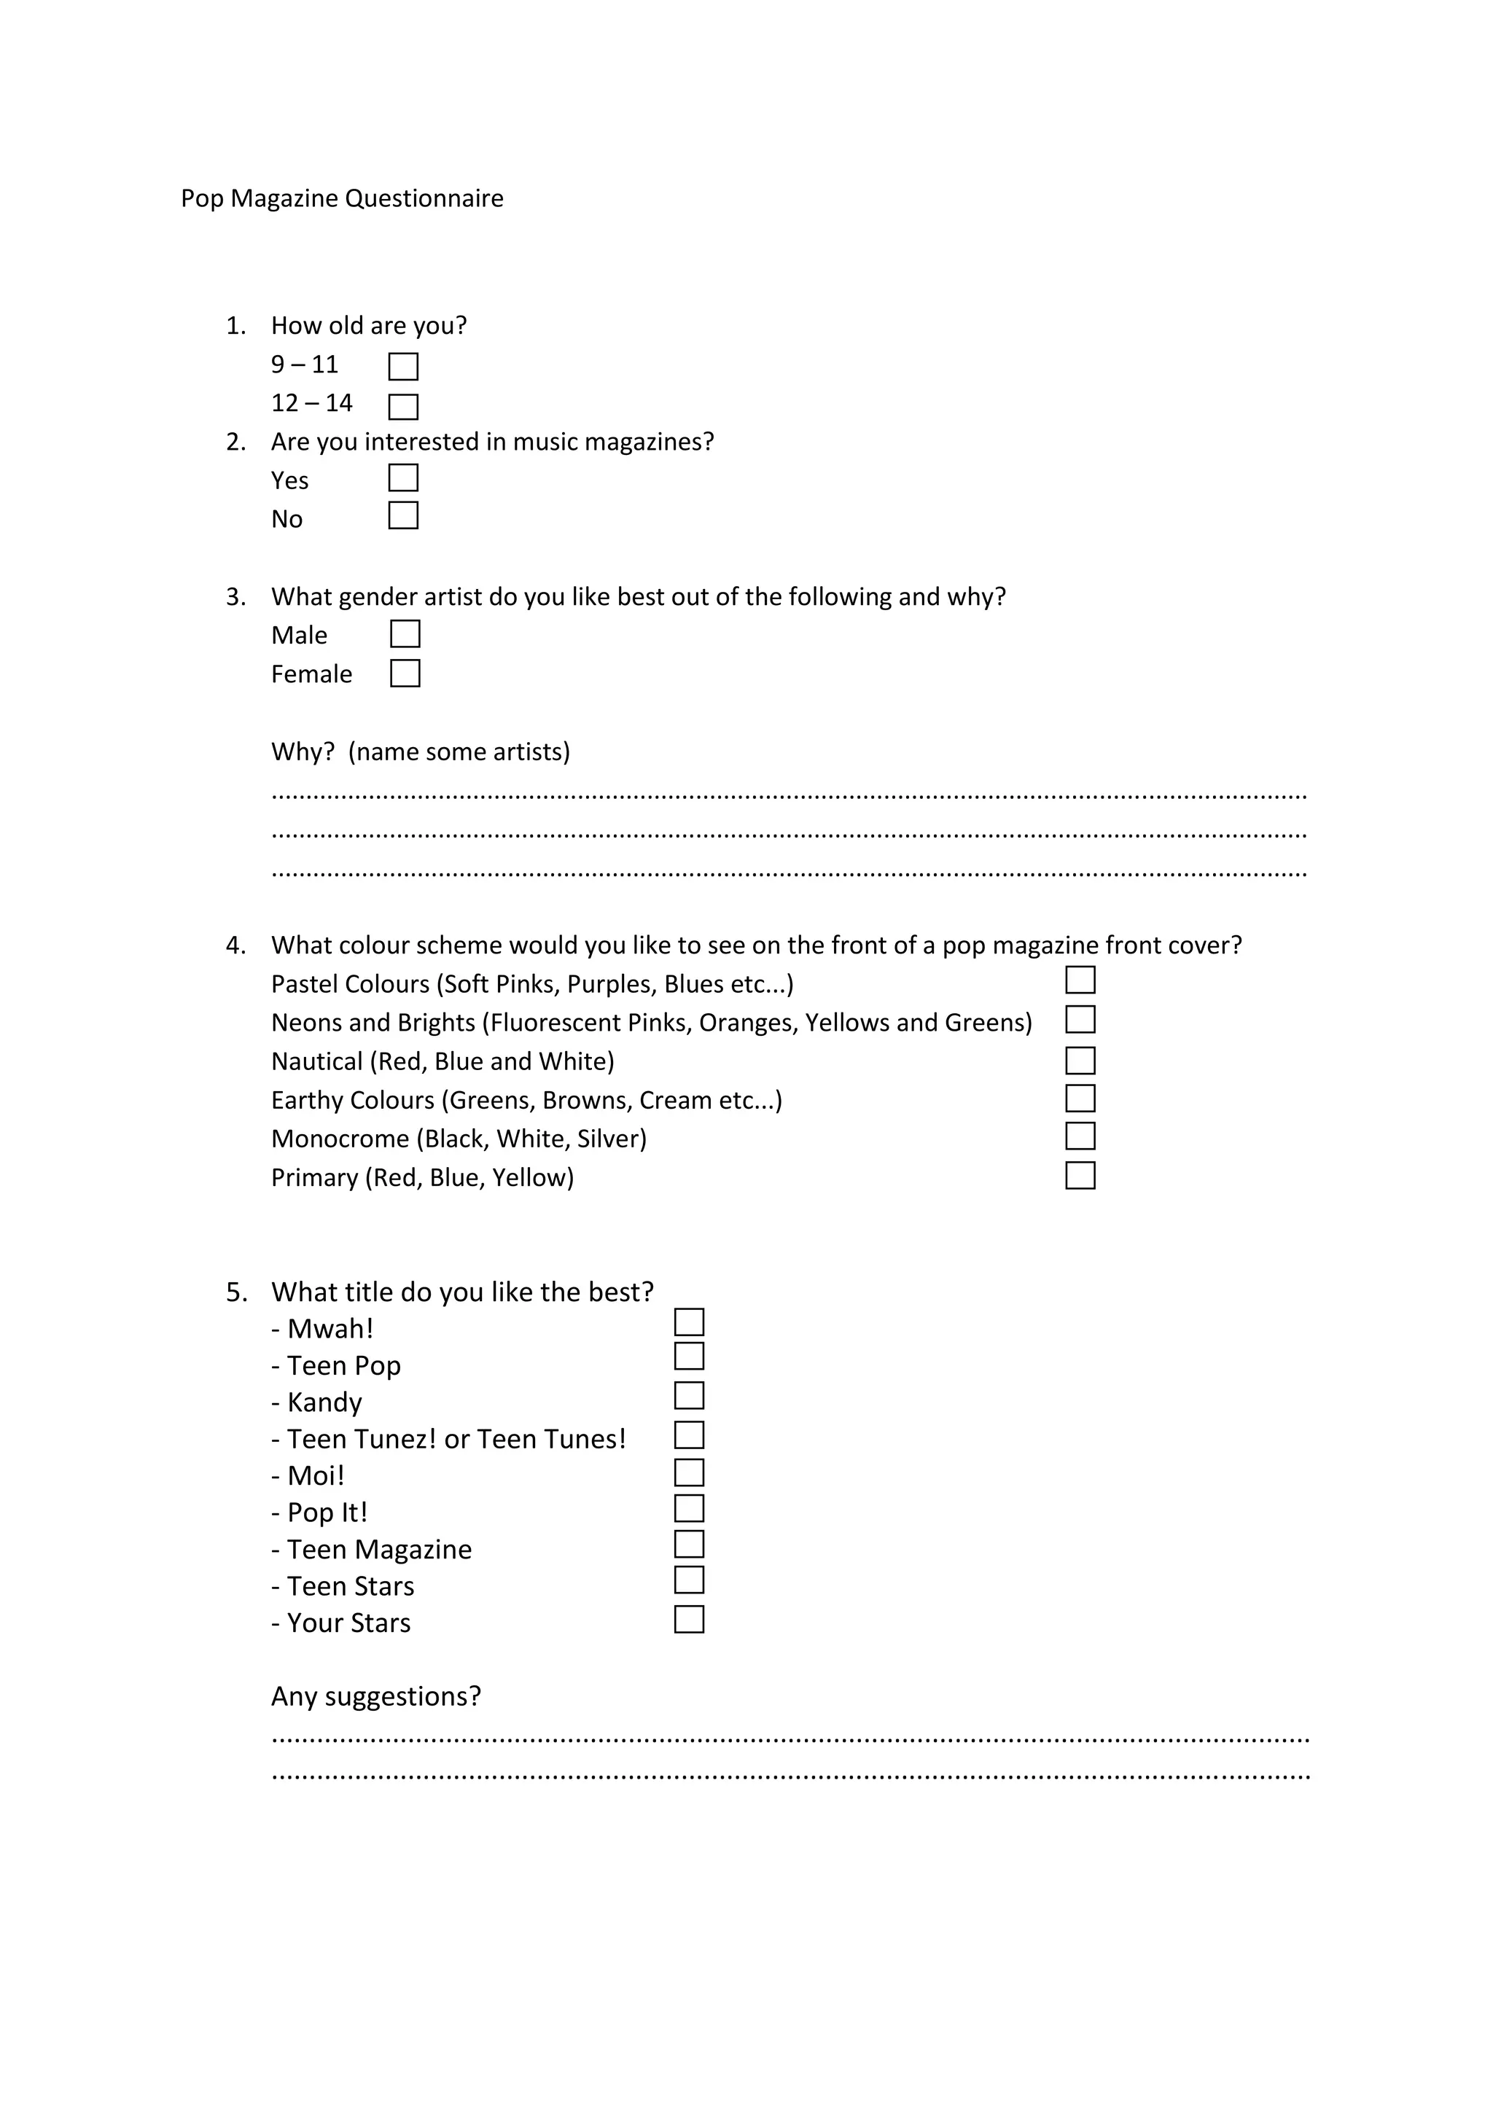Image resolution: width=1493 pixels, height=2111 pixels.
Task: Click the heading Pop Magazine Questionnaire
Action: click(x=342, y=198)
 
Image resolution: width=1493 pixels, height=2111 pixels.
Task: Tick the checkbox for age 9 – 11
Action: click(x=402, y=367)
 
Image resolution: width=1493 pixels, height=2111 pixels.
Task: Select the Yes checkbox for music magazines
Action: click(x=402, y=478)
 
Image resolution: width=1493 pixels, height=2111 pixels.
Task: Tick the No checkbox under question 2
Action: click(x=402, y=516)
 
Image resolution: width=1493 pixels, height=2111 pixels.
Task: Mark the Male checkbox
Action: click(x=405, y=634)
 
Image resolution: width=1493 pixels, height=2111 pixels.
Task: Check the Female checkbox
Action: click(x=405, y=674)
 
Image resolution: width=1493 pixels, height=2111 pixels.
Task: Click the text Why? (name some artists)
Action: click(x=420, y=752)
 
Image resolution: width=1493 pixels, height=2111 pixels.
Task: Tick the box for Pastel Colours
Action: click(x=1080, y=980)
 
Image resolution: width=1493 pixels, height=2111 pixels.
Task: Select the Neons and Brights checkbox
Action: click(x=1080, y=1020)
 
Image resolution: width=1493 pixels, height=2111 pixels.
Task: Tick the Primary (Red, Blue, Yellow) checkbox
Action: click(x=1080, y=1176)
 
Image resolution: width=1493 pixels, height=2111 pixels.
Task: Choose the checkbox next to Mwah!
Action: click(x=689, y=1322)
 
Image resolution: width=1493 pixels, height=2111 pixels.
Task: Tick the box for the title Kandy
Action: click(x=689, y=1396)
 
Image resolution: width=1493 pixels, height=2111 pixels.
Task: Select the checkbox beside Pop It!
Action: click(x=689, y=1509)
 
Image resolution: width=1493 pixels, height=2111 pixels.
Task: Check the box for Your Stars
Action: click(x=689, y=1619)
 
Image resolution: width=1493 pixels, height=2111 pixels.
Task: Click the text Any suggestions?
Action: click(x=376, y=1696)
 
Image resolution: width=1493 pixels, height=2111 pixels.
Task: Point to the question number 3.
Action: click(x=235, y=598)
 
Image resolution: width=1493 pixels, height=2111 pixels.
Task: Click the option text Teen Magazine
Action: click(x=379, y=1550)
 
